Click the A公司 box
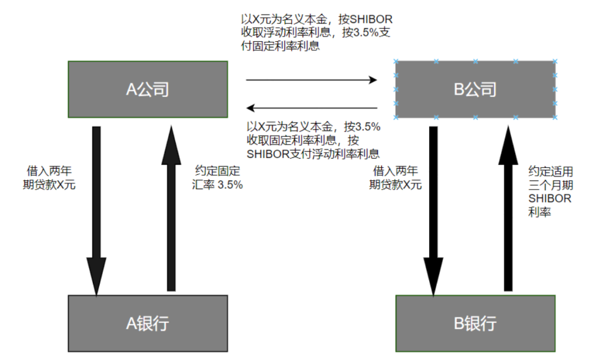[147, 89]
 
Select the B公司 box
[475, 89]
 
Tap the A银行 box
[147, 323]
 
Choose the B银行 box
[475, 323]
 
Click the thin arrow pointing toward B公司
[312, 80]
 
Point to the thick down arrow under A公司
[96, 211]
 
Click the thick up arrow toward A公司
[171, 211]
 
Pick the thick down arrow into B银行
[433, 211]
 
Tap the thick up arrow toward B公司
[508, 211]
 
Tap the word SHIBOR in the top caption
[373, 19]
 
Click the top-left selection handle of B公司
[396, 61]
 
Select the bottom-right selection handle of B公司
[555, 117]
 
